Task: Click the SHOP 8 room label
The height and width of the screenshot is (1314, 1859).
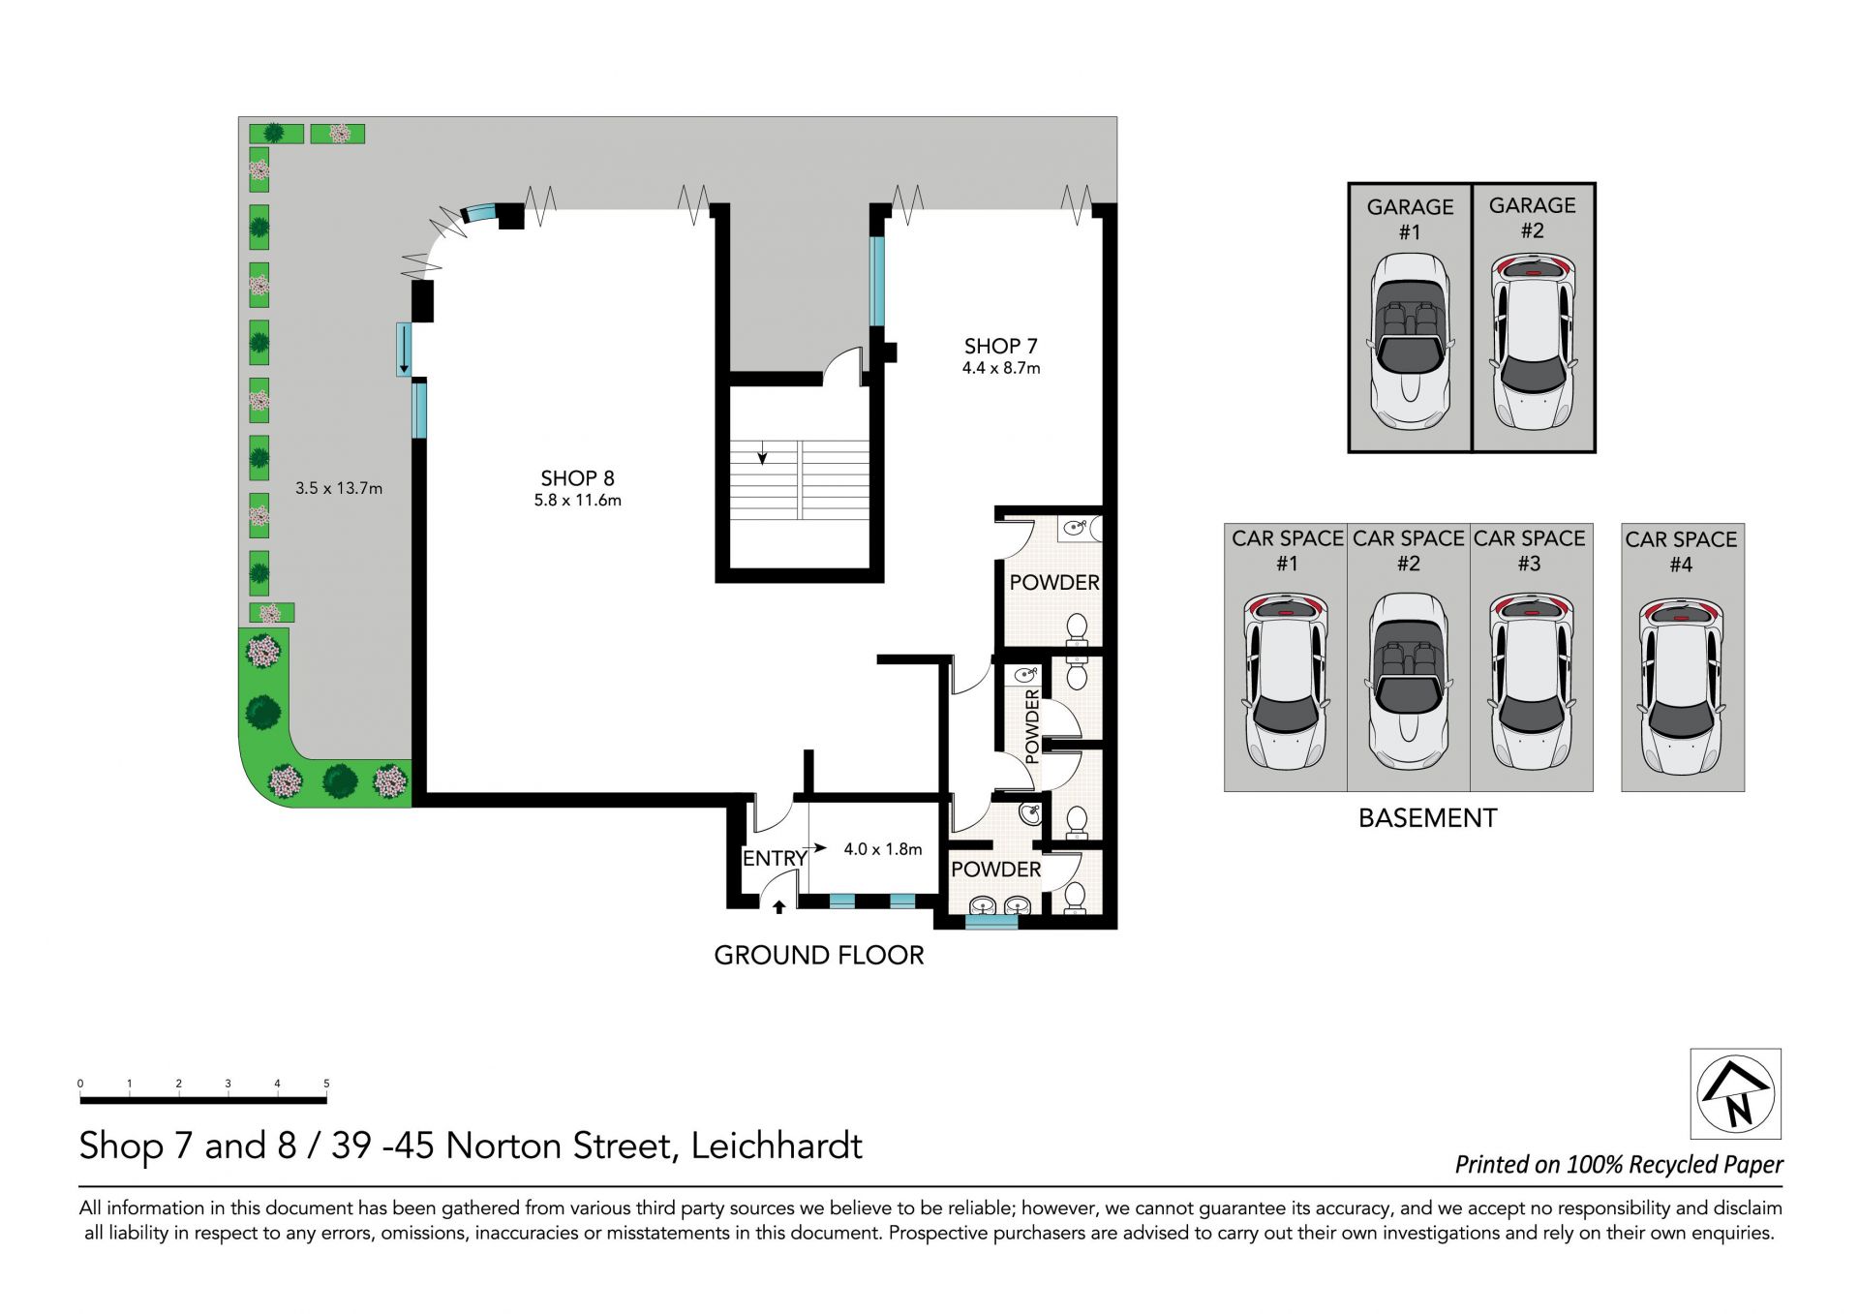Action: point(577,478)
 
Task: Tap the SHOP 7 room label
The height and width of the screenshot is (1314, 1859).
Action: point(1000,346)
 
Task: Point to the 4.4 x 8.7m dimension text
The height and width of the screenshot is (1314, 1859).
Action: point(1001,368)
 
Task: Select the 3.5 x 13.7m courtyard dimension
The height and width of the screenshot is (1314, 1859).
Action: point(339,488)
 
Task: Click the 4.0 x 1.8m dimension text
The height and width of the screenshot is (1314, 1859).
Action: point(882,849)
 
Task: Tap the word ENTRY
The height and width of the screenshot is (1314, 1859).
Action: point(775,858)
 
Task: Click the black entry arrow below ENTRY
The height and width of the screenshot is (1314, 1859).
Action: point(778,907)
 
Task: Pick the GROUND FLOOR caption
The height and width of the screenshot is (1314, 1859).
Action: point(819,955)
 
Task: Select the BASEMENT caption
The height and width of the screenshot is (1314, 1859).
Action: point(1427,818)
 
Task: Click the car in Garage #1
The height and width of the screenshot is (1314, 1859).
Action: point(1410,342)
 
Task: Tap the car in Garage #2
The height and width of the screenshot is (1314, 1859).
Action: point(1533,342)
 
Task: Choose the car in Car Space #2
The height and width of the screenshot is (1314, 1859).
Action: point(1409,682)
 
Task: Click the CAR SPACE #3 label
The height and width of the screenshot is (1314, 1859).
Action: point(1530,550)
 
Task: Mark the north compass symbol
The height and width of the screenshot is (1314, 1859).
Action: point(1736,1093)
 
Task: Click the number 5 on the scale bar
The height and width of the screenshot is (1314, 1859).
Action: point(326,1084)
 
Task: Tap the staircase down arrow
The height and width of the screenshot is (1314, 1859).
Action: point(763,452)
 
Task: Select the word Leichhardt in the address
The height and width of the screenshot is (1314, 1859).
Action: point(777,1146)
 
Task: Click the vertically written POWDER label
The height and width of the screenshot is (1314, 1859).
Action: point(1032,726)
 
